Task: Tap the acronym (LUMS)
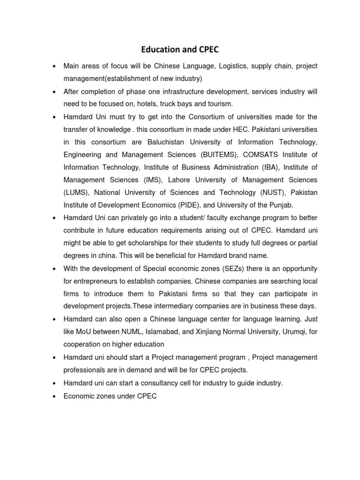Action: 77,192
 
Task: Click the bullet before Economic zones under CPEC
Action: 56,396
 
